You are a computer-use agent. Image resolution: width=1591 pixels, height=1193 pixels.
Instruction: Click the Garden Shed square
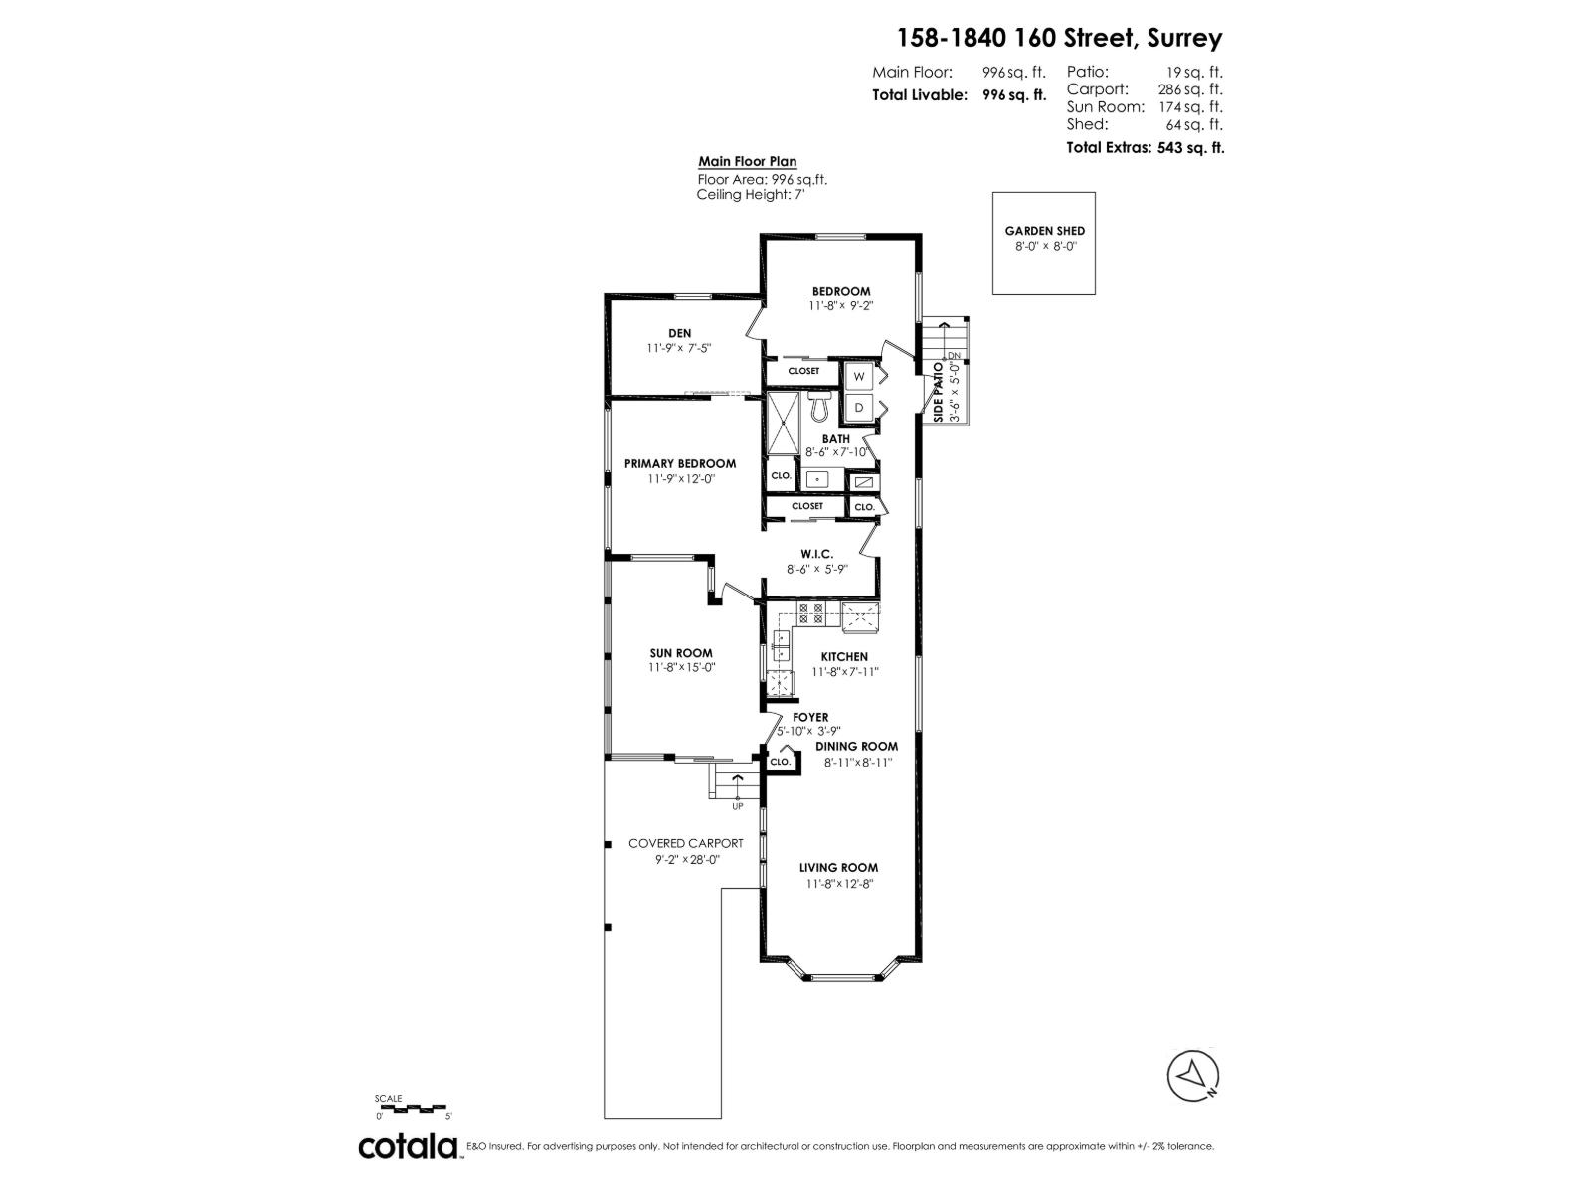tap(1043, 243)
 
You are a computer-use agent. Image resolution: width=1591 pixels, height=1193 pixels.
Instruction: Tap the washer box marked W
tap(858, 377)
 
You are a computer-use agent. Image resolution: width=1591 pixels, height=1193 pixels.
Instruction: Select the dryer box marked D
tap(858, 407)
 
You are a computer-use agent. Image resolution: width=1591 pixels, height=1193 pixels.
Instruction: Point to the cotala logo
tap(408, 1146)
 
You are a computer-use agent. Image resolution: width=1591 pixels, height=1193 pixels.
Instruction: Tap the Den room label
tap(680, 333)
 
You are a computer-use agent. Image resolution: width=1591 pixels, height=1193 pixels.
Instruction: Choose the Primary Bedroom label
tap(680, 463)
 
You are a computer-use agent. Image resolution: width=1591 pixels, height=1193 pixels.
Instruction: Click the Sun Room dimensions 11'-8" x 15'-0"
tap(681, 668)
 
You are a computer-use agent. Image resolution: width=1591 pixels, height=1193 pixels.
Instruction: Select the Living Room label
tap(838, 867)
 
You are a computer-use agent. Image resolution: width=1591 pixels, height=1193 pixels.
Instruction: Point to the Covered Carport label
tap(686, 843)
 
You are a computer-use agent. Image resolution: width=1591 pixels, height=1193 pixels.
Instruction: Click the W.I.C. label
tap(816, 554)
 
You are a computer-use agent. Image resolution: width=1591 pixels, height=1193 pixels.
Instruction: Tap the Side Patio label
tap(938, 392)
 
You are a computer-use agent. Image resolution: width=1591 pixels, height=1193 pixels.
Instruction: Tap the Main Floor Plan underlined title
tap(747, 162)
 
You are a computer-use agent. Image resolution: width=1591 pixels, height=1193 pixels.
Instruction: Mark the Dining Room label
tap(856, 746)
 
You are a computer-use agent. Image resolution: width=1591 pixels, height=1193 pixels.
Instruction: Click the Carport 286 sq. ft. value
tap(1190, 89)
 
